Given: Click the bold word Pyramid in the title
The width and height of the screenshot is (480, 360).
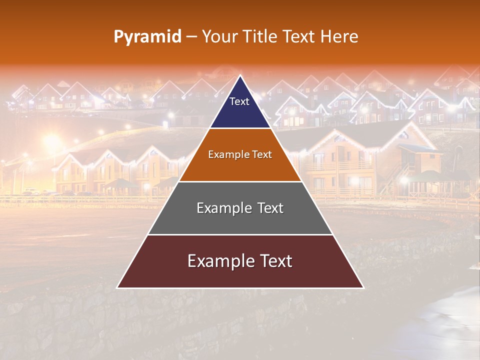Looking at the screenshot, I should (147, 37).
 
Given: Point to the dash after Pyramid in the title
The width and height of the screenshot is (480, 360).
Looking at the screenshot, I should (191, 37).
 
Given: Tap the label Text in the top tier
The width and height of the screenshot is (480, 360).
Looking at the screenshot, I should (239, 101).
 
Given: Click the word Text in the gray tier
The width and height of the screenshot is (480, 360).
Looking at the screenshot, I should (267, 208).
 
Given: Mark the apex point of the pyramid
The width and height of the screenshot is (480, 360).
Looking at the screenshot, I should (240, 76).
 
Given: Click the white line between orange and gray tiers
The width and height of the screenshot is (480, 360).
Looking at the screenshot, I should (240, 181).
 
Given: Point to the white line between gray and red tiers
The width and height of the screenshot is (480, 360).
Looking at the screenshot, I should (240, 234).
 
